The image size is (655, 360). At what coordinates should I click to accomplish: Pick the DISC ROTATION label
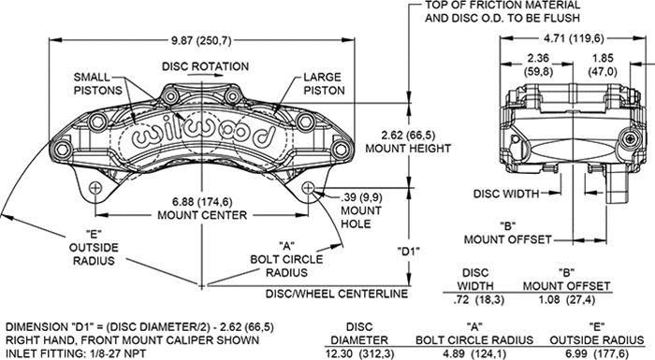coord(205,66)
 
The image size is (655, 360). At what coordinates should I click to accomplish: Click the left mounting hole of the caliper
coord(96,188)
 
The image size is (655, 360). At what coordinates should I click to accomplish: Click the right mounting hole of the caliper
coord(311,188)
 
